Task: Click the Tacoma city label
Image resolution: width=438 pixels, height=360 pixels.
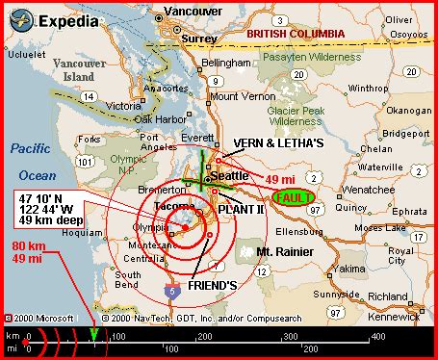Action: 174,210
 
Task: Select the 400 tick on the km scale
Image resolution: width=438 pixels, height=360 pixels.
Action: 377,337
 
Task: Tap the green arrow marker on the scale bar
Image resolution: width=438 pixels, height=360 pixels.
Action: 93,335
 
